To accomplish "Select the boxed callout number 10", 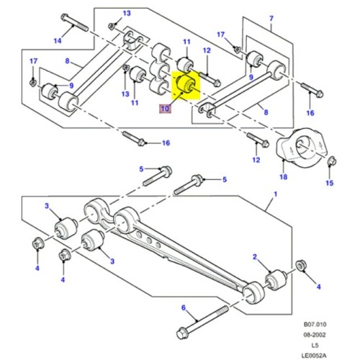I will [165, 109].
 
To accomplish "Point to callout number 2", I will [254, 257].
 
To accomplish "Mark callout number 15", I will [330, 184].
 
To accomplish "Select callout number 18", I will [283, 176].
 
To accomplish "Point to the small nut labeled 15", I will [330, 166].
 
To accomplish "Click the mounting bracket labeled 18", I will [301, 149].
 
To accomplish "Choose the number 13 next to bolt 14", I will [126, 14].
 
